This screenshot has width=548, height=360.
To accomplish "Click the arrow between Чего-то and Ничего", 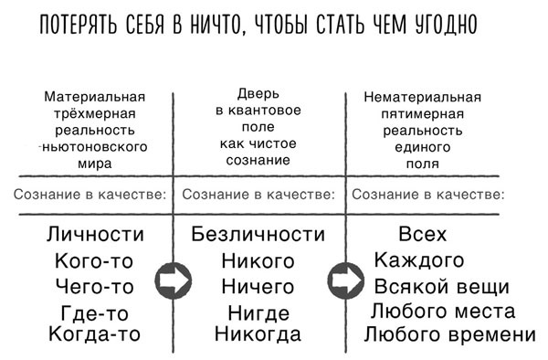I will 169,280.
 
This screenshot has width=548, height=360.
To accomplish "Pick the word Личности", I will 95,235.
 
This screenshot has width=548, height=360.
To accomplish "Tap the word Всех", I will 422,235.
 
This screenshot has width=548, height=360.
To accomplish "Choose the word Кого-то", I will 95,261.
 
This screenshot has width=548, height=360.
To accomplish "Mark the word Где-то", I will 95,313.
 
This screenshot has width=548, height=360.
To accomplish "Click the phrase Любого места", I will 445,312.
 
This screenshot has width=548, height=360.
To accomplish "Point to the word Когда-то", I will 95,334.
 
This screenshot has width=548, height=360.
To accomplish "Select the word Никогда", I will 258,334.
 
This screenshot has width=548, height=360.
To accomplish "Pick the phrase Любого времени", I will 449,334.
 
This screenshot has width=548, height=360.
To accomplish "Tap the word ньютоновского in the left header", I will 96,146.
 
